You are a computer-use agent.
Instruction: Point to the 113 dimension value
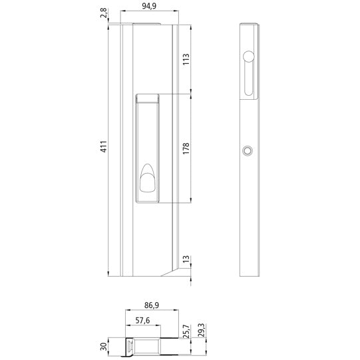pos(187,61)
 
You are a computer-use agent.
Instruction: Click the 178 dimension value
pos(187,148)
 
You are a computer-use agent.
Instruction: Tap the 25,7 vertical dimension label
pos(186,331)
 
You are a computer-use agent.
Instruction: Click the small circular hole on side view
pos(248,152)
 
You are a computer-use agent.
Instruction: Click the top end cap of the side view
pos(248,27)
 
